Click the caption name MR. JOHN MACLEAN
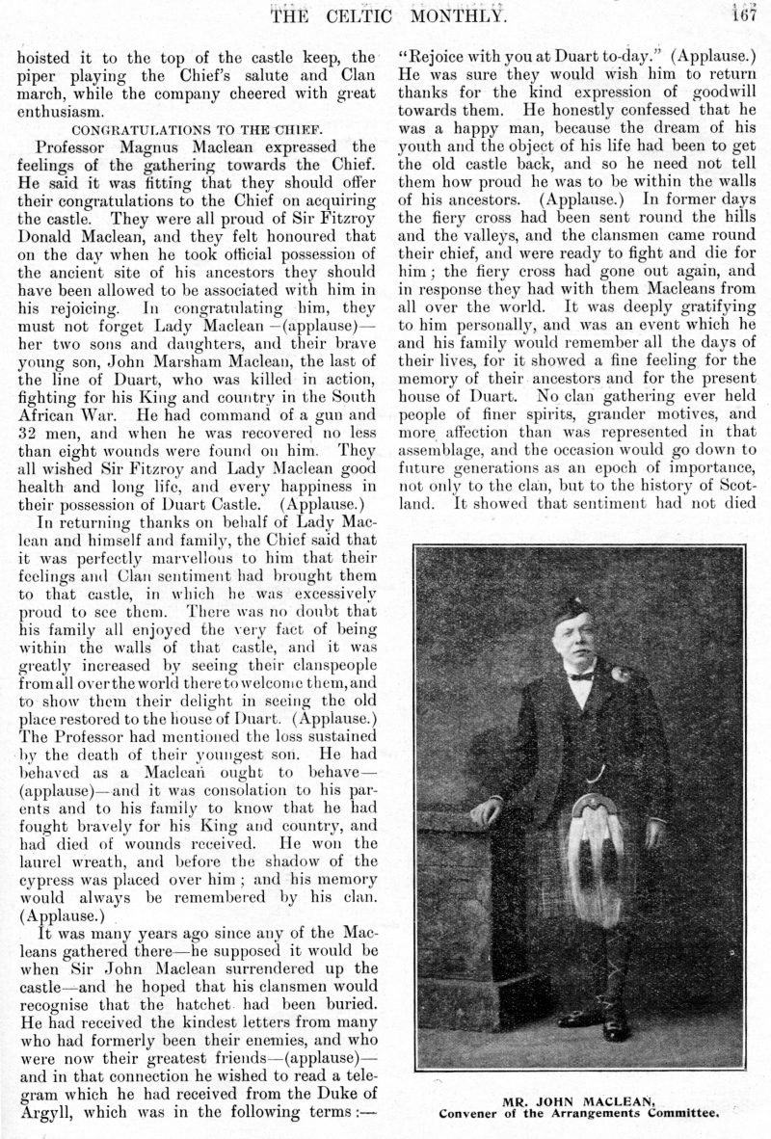pos(578,1099)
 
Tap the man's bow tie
pos(581,675)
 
